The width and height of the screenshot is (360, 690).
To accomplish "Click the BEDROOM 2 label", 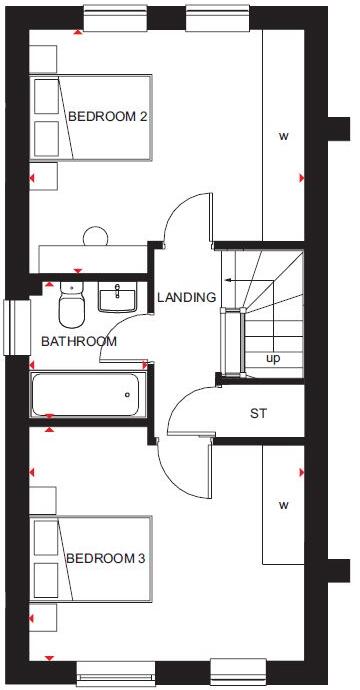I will coord(108,117).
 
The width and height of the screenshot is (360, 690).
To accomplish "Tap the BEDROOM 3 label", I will coord(106,558).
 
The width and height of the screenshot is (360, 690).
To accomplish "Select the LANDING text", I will coord(186,297).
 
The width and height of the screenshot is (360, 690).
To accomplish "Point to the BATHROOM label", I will coord(78,341).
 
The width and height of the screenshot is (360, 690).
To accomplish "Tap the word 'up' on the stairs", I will coord(272,357).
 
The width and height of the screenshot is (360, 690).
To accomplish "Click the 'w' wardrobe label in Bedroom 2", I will coord(283,136).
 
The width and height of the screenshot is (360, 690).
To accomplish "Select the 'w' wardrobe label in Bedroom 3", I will coord(283,505).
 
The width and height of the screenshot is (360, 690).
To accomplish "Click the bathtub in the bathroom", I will coord(87,394).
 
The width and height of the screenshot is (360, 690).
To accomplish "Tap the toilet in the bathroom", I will coord(71,305).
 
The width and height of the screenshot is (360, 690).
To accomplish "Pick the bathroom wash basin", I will coord(119,295).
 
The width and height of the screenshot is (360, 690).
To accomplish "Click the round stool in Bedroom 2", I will coord(96,237).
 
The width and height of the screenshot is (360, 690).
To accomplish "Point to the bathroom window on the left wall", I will coord(12,327).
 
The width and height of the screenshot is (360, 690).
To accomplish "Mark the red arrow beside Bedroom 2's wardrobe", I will coord(301,178).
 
